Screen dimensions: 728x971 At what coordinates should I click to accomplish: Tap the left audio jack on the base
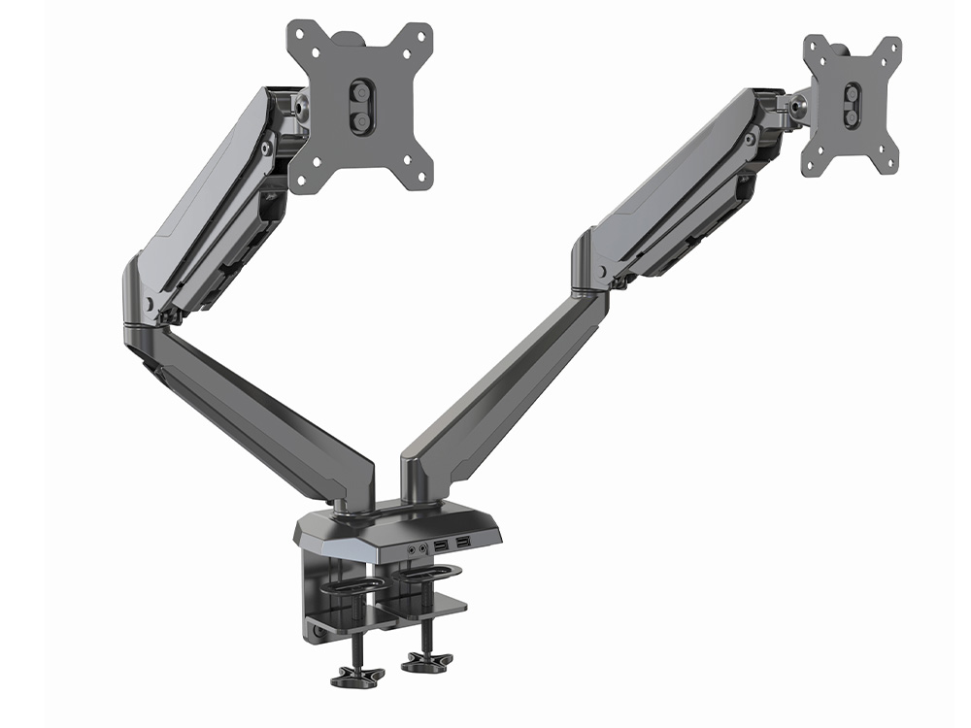coord(413,550)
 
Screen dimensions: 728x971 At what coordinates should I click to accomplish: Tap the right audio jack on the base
coord(424,549)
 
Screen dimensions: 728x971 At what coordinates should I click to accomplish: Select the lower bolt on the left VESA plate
coord(360,119)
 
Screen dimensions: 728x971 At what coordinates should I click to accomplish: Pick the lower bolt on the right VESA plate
coord(852,116)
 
